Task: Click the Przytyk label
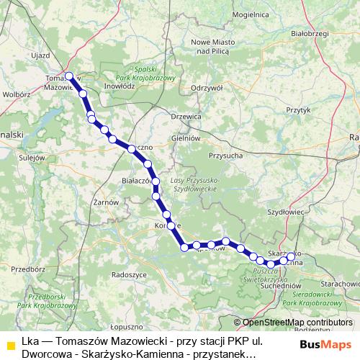click(x=297, y=110)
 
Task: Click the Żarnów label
click(x=106, y=202)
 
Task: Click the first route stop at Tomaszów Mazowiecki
click(x=69, y=76)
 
